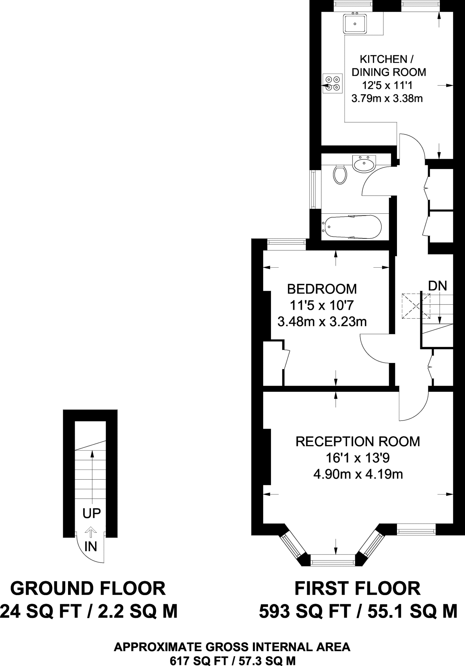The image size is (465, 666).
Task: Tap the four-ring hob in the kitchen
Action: (x=332, y=84)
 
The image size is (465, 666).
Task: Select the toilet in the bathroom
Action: (x=340, y=175)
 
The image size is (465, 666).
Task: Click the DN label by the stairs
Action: (x=437, y=286)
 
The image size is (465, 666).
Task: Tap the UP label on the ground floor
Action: (x=92, y=513)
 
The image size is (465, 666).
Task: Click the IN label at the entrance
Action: (x=91, y=547)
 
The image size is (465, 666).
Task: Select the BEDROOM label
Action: (x=322, y=289)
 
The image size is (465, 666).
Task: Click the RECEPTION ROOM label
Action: (x=358, y=442)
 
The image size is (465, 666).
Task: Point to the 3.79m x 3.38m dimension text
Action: (x=387, y=98)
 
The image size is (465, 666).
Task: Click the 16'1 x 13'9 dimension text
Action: (x=358, y=458)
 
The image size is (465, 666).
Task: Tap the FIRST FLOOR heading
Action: (x=357, y=589)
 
